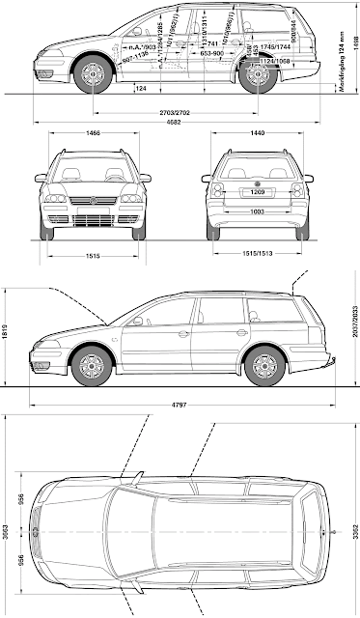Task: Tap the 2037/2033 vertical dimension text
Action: [x=353, y=335]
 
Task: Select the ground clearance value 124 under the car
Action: [x=141, y=89]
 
